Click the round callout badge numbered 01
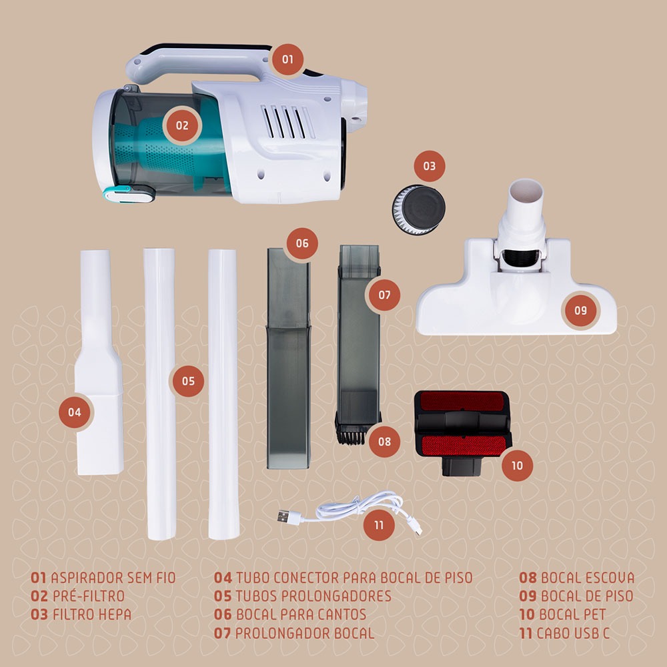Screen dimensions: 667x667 [x=287, y=59]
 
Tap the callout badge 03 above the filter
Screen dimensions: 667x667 [x=429, y=166]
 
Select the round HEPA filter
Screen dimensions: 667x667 [x=419, y=209]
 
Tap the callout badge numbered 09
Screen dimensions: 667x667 [x=580, y=310]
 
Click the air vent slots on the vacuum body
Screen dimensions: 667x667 [x=287, y=122]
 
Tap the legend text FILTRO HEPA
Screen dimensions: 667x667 [x=92, y=614]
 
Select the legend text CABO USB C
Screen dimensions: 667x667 [x=572, y=633]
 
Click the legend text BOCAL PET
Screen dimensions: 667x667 [x=572, y=614]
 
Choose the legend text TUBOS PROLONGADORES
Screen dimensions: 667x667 [x=313, y=596]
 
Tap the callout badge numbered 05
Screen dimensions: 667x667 [x=188, y=381]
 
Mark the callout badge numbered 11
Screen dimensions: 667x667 [x=379, y=525]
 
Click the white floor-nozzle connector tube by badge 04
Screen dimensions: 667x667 [x=99, y=362]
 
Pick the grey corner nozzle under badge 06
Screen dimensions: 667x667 [x=288, y=358]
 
